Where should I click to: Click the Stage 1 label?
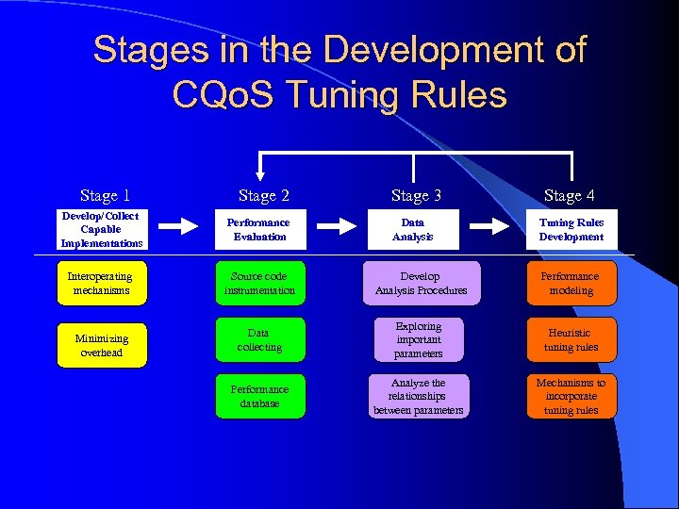[x=105, y=196]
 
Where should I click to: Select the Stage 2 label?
[x=263, y=196]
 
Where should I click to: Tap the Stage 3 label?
[x=416, y=196]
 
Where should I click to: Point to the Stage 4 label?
[x=569, y=196]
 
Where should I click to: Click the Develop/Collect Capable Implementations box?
[x=100, y=230]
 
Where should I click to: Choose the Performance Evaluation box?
[x=259, y=230]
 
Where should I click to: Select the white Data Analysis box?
[x=413, y=230]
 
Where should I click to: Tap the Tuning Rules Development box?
[x=571, y=230]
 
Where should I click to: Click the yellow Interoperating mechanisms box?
[x=100, y=284]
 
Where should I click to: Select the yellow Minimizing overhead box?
[x=100, y=345]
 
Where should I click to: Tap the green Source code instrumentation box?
[x=259, y=284]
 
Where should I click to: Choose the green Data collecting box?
[x=259, y=340]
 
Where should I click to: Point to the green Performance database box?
[x=259, y=397]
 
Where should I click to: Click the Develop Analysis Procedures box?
[x=420, y=284]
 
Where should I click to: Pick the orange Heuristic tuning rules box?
[x=571, y=340]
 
